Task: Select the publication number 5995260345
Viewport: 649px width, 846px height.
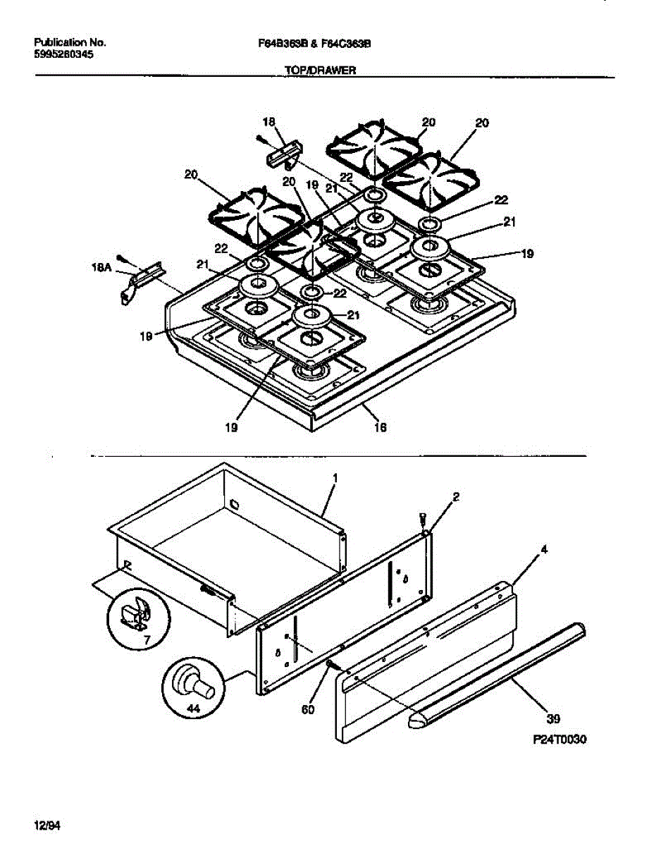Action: coord(63,54)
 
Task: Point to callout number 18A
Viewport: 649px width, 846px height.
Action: coord(102,267)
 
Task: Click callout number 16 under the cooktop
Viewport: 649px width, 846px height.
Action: coord(381,427)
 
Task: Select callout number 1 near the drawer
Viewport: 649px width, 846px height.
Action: coord(335,477)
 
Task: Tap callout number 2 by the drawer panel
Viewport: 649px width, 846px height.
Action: coord(457,497)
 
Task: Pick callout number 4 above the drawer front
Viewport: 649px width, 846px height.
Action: coord(544,548)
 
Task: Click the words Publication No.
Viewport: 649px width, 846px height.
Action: coord(70,42)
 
